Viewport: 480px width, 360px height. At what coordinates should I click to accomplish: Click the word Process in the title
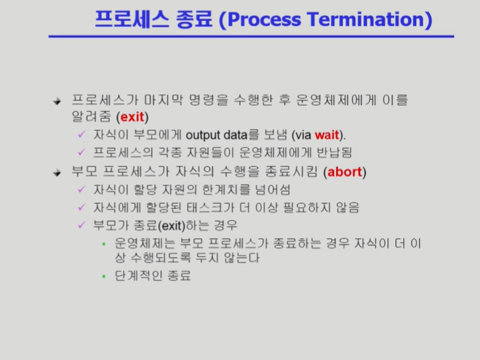[x=265, y=20]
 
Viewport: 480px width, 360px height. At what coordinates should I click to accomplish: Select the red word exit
[x=132, y=117]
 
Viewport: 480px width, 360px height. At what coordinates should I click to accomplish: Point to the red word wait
[x=327, y=135]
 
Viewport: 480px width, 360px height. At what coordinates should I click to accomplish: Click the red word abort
[x=344, y=172]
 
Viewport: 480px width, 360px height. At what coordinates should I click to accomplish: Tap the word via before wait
[x=304, y=135]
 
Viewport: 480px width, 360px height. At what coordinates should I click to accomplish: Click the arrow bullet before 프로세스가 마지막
[x=57, y=101]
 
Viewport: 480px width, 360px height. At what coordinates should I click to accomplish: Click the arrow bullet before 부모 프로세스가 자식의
[x=57, y=173]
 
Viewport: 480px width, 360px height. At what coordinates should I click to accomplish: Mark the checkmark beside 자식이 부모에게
[x=81, y=135]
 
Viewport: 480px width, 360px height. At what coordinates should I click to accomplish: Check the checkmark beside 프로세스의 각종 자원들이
[x=81, y=152]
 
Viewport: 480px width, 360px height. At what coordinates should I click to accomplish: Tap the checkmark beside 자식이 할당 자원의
[x=81, y=189]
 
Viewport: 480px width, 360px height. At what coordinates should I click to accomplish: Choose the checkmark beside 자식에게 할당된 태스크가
[x=81, y=207]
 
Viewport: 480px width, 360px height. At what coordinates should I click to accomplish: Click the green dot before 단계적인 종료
[x=104, y=276]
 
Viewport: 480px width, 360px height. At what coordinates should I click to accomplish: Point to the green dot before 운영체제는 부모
[x=104, y=244]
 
